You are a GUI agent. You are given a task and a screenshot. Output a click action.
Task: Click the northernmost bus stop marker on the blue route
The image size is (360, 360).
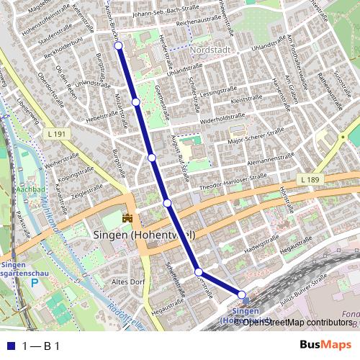click(x=118, y=46)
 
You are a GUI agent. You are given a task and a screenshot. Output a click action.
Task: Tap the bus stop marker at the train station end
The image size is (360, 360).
click(x=243, y=294)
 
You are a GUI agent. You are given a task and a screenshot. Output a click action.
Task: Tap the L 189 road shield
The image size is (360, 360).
click(x=311, y=179)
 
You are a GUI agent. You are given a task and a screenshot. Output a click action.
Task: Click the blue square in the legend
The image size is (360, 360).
click(x=9, y=346)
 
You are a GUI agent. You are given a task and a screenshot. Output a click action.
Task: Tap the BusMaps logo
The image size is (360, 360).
click(x=325, y=346)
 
